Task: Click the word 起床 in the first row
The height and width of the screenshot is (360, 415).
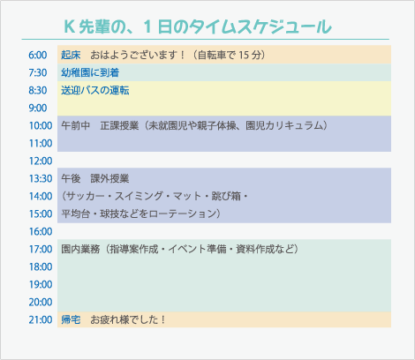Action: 71,55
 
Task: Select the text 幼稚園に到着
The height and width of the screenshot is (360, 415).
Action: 90,72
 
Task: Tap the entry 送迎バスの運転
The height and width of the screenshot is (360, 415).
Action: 95,89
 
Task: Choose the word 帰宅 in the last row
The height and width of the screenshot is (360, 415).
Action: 71,319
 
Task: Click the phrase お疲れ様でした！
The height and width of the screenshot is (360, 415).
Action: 128,319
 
